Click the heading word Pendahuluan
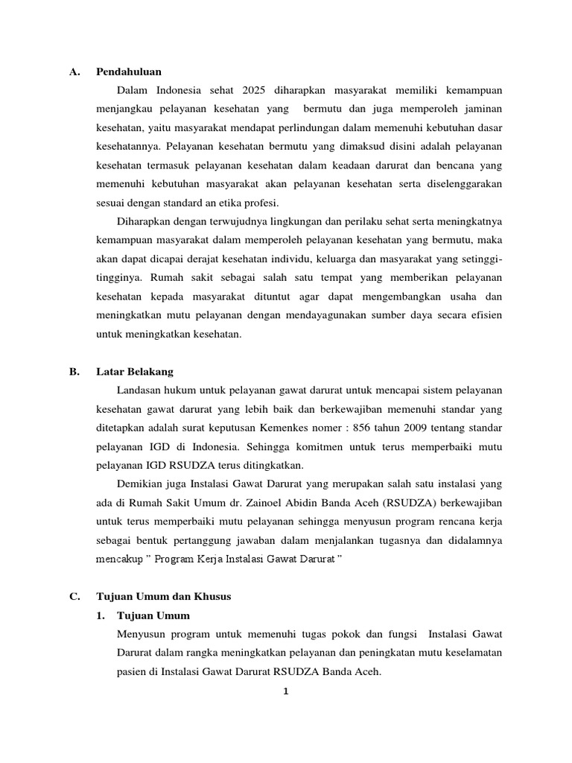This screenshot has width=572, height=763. [x=129, y=72]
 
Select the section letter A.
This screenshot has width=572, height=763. [x=74, y=72]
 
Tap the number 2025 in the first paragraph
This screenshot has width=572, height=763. [x=254, y=91]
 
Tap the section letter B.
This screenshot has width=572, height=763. [x=74, y=372]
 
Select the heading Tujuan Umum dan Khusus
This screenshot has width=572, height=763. [x=164, y=597]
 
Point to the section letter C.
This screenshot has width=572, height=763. [x=74, y=597]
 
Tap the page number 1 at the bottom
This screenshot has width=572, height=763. [x=286, y=691]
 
